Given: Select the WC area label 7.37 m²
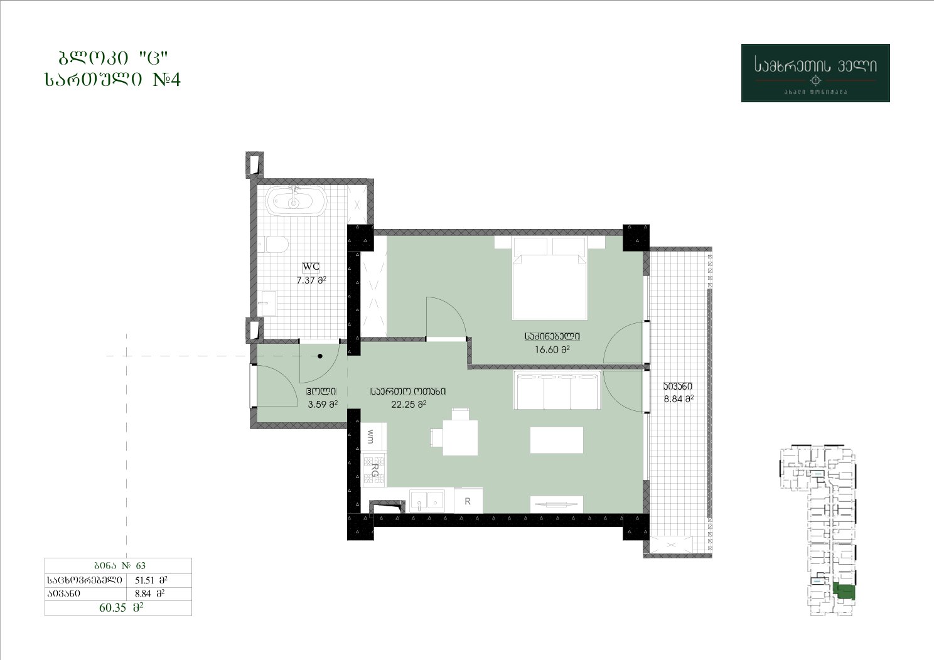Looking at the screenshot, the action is [x=311, y=280].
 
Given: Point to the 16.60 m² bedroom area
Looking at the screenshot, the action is [x=552, y=349].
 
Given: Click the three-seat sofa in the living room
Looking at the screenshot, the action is [x=557, y=390].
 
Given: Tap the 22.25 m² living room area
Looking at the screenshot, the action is [x=408, y=404].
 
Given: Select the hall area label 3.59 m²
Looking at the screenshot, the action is [x=322, y=404].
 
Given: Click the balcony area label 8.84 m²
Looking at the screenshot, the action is [x=679, y=399].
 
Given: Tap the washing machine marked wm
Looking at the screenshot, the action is [x=373, y=437].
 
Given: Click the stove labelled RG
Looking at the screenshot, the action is [x=373, y=469].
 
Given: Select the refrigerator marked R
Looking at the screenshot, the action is [x=468, y=501].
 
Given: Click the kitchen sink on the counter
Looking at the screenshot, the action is [x=427, y=501].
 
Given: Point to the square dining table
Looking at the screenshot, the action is [x=460, y=437].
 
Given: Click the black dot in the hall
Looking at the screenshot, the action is [x=320, y=356].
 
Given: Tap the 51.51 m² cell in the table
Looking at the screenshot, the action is [x=151, y=580].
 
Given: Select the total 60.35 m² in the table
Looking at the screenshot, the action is [x=121, y=607].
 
